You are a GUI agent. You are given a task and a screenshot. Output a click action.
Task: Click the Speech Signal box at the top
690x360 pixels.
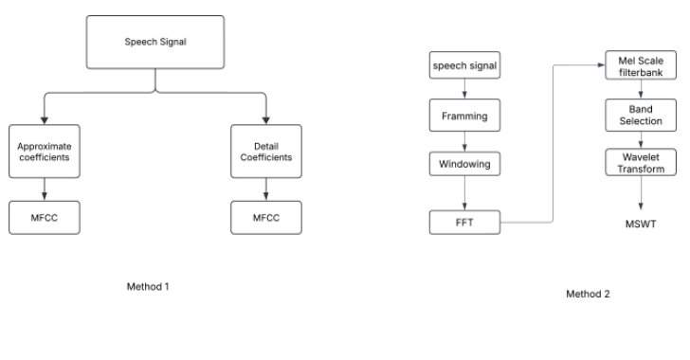(x=156, y=43)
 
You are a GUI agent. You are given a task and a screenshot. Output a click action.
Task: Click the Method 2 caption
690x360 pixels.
(x=588, y=294)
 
